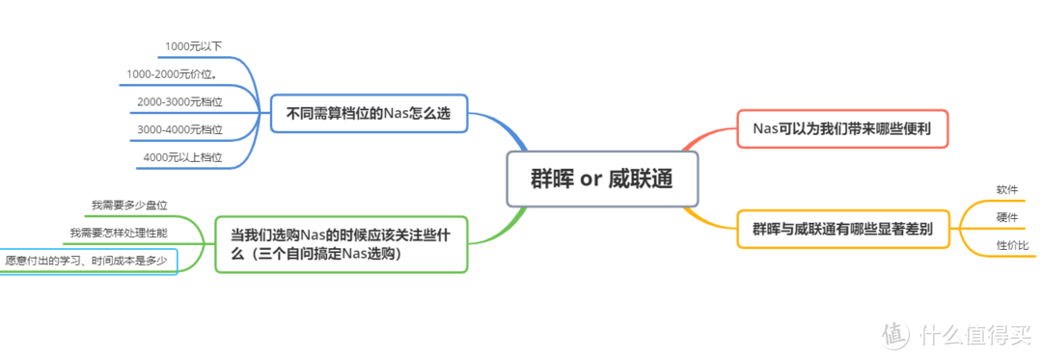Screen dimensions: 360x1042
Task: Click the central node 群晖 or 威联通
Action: point(602,179)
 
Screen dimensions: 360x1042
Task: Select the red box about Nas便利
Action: point(842,127)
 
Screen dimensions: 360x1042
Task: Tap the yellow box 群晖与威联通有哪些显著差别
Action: point(842,230)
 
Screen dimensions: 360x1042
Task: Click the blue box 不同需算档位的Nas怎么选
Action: point(369,114)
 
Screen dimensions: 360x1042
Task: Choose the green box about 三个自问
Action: point(340,243)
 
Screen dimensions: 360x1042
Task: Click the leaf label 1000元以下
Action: point(193,45)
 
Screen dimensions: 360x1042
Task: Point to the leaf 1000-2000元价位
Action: point(171,73)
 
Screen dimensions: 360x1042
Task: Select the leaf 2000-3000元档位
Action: point(179,101)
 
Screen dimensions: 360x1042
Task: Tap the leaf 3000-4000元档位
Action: point(179,129)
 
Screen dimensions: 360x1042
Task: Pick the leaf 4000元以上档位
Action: point(182,157)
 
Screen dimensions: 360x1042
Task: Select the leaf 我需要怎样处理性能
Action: point(118,233)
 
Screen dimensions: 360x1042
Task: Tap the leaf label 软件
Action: point(1006,189)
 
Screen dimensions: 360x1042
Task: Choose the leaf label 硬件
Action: point(1006,217)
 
